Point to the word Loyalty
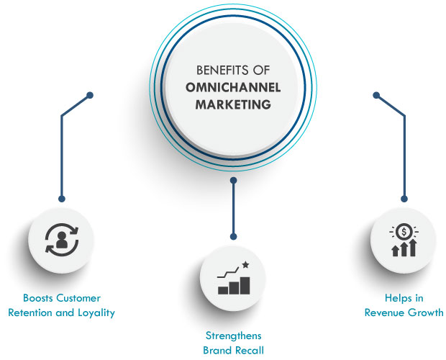click(x=96, y=312)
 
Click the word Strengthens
click(x=233, y=336)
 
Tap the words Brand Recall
click(x=233, y=351)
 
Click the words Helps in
click(x=404, y=298)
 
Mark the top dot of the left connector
click(x=90, y=95)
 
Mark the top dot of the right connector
click(x=376, y=95)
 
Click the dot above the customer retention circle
click(x=62, y=199)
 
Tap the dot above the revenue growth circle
click(x=404, y=199)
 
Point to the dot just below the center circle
click(x=233, y=180)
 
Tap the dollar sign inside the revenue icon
click(x=404, y=232)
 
